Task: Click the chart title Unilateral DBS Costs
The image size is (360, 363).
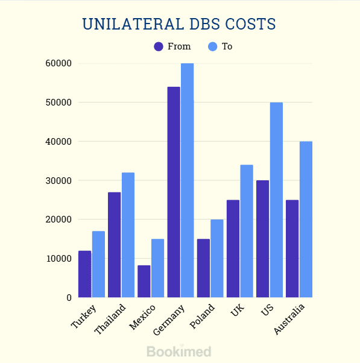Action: pos(179,24)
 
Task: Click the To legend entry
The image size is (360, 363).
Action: pos(220,46)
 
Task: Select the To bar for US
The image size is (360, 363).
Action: pos(276,200)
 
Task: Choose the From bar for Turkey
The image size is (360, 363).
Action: pos(85,274)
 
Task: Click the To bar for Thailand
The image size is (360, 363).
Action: pos(128,235)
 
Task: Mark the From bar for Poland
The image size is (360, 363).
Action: pos(203,268)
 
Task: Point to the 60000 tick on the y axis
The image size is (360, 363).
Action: pos(58,63)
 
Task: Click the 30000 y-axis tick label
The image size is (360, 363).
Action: pos(58,180)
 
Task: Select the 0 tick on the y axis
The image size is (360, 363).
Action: pos(69,297)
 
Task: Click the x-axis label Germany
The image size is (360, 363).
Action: pos(171,320)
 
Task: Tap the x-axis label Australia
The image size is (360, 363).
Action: pos(290,320)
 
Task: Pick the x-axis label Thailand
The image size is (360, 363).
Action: pos(111,320)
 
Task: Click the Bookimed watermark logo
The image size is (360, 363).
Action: pos(179,351)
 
